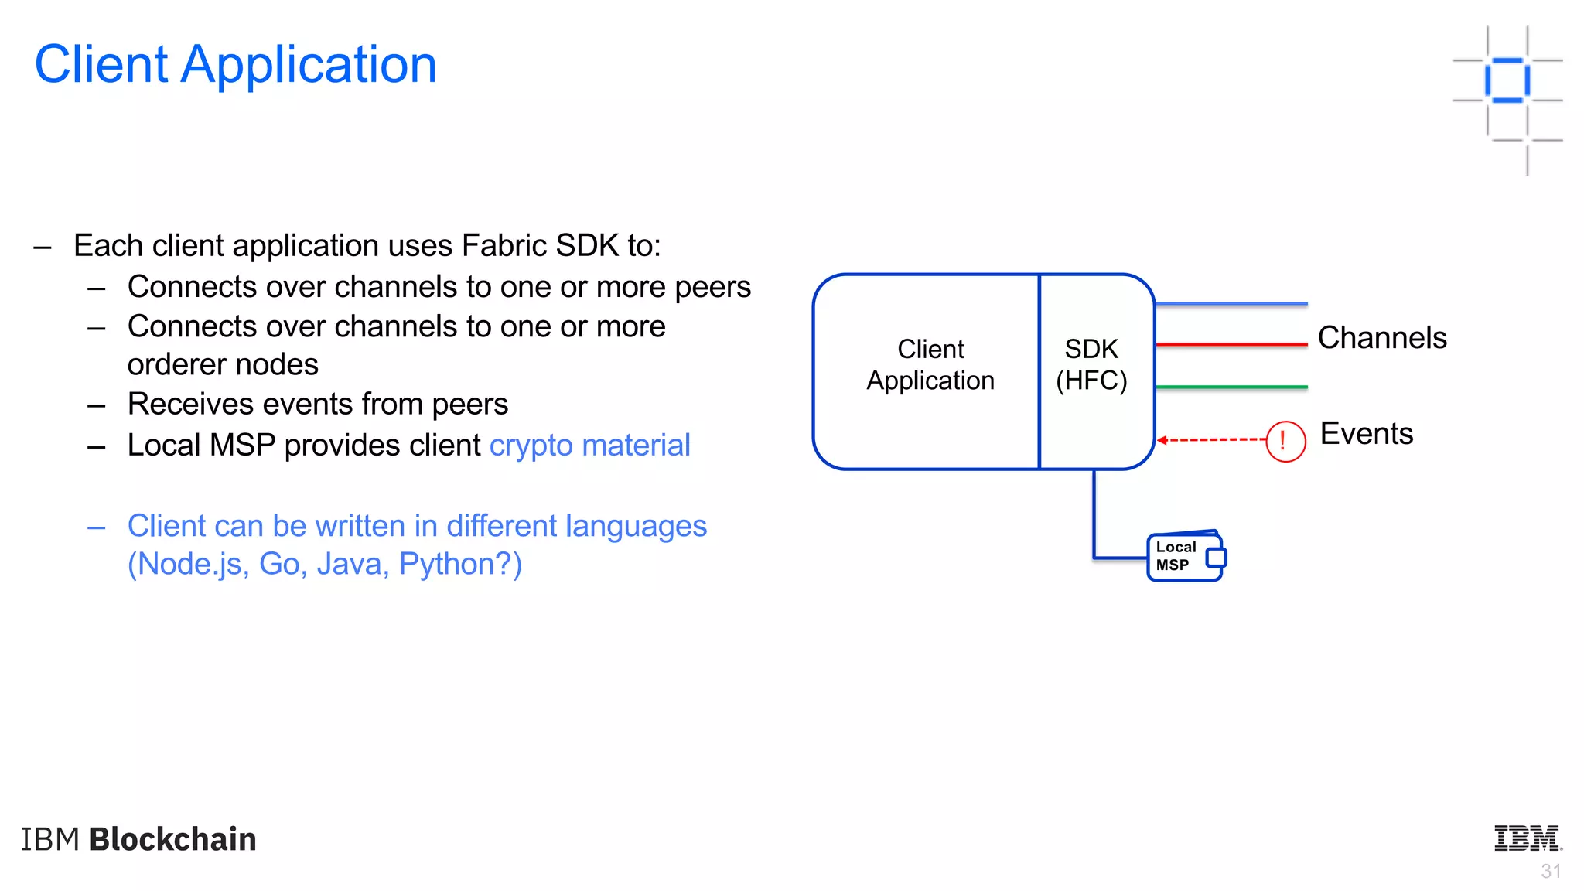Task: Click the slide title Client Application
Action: [235, 64]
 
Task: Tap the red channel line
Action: [1230, 344]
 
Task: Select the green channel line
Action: [1230, 387]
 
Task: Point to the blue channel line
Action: [1230, 304]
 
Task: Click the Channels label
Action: [1381, 338]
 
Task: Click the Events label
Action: [1366, 434]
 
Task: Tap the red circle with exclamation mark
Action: [1285, 441]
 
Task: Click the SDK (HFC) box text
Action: [1091, 365]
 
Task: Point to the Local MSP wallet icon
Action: [1186, 556]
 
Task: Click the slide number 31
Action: [1550, 872]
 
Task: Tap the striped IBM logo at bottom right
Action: [1527, 838]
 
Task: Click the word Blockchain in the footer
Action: [172, 840]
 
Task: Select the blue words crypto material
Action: [589, 445]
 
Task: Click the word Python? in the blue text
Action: [460, 565]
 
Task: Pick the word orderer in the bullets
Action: [177, 365]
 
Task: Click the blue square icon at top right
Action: [1507, 80]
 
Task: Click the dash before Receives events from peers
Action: [97, 405]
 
